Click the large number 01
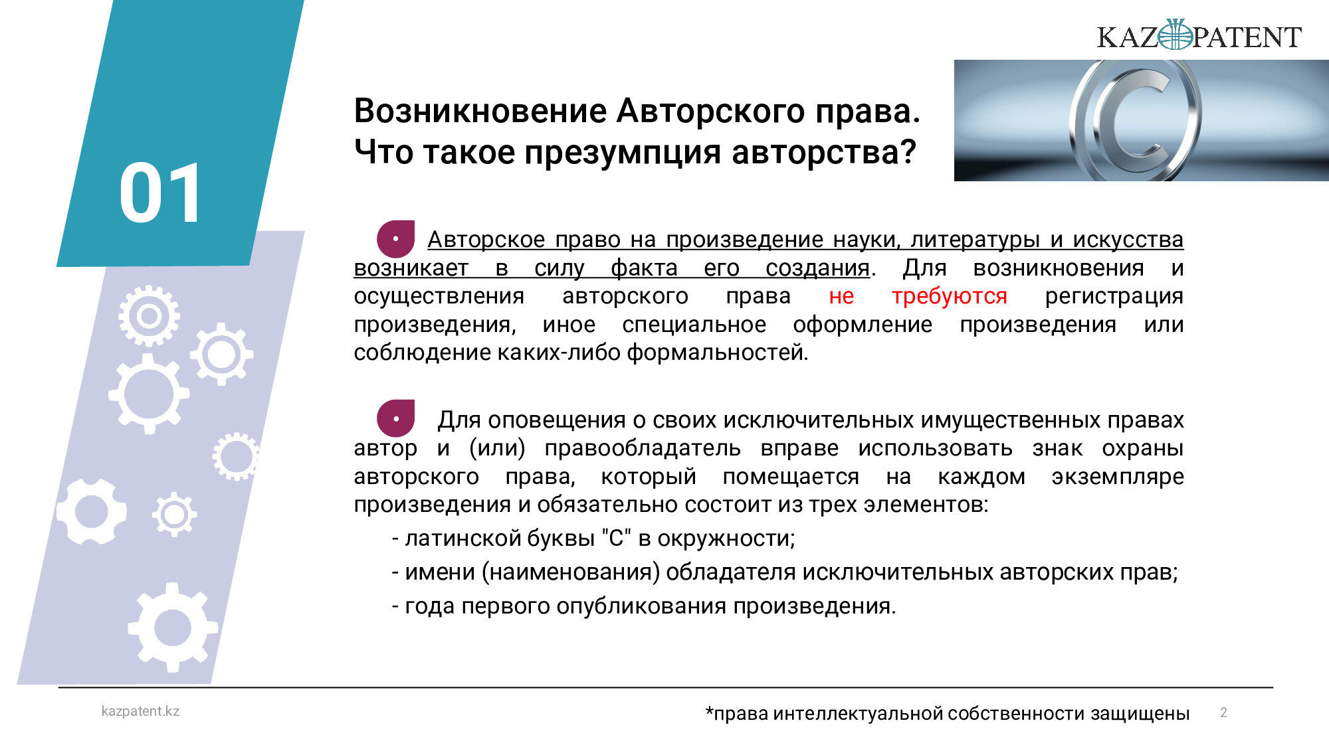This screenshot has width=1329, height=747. coord(160,193)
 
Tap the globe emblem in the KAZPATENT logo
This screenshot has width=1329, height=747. coord(1175,35)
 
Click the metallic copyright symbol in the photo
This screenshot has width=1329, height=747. coord(1135,120)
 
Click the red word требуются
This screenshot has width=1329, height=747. coord(949,296)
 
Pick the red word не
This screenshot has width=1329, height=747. coord(841,296)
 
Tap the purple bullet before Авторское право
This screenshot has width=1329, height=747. coord(395,239)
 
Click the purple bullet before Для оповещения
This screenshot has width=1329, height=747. coord(395,418)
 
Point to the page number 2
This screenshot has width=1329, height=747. coord(1223,712)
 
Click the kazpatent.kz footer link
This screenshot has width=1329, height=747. coord(140,711)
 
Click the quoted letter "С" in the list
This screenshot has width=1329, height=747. coord(616,538)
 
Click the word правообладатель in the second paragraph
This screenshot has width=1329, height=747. coord(643,449)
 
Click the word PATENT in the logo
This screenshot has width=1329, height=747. coord(1247,37)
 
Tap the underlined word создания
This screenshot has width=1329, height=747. coord(817,268)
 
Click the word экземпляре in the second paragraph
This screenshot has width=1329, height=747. coord(1118,477)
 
